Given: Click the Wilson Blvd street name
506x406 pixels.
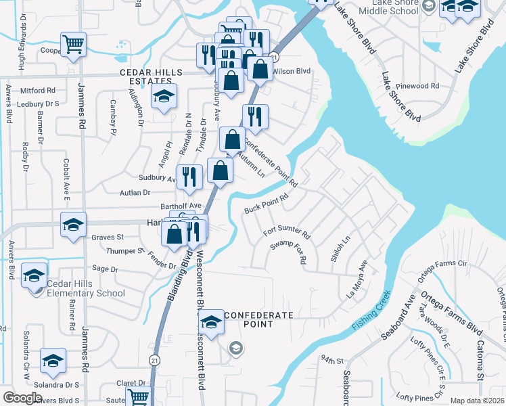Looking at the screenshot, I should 292,70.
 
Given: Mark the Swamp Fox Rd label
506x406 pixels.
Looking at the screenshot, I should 288,251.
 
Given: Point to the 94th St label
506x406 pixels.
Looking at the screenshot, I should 332,359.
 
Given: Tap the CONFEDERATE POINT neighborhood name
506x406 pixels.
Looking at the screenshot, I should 258,319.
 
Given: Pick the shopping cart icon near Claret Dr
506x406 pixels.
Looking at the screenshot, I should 138,397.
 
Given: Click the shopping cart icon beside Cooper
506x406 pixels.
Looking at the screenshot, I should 74,45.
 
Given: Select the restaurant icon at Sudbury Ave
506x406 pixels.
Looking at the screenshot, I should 190,177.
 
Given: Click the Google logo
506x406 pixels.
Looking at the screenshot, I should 22,398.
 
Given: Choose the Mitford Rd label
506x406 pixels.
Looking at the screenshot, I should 38,90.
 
